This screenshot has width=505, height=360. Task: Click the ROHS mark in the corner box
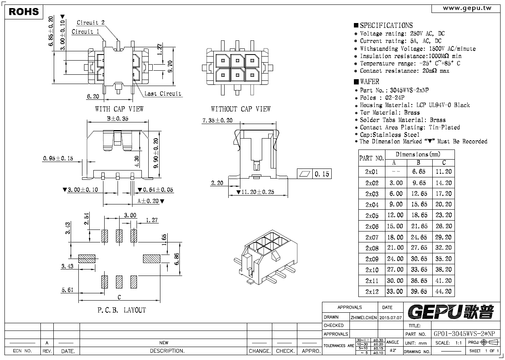point(24,12)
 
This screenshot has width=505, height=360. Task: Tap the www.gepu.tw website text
point(467,8)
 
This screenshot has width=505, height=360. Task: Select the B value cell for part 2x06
point(419,226)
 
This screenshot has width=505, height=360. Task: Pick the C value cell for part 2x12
point(444,291)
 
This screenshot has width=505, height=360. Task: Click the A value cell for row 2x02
point(396,183)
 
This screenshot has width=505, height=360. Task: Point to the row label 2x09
point(372,259)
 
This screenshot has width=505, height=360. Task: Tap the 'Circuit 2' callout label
point(90,23)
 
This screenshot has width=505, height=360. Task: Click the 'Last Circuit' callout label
point(163,94)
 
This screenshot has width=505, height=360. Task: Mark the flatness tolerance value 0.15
point(322,174)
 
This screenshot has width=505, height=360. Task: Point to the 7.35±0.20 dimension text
point(217,120)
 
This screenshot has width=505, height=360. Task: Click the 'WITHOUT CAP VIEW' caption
point(240,109)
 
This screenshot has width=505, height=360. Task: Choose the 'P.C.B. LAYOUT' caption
point(122,310)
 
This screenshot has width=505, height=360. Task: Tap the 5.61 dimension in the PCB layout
point(67,290)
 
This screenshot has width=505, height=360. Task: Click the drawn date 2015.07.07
point(391,318)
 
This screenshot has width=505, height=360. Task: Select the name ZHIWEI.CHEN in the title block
point(364,318)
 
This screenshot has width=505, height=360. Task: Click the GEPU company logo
point(451,312)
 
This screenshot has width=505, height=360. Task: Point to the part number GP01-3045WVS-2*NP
point(464,334)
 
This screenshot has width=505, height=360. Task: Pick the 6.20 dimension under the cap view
point(93,97)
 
